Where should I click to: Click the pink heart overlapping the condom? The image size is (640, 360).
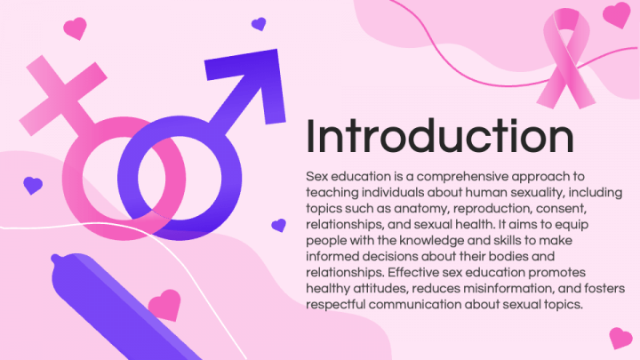(x=164, y=305)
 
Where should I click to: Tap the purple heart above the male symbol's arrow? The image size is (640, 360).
(x=259, y=24)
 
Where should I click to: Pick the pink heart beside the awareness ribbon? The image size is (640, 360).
(x=616, y=13)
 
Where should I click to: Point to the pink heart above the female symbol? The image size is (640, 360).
(x=76, y=28)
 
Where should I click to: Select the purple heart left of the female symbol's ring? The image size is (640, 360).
(x=32, y=185)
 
